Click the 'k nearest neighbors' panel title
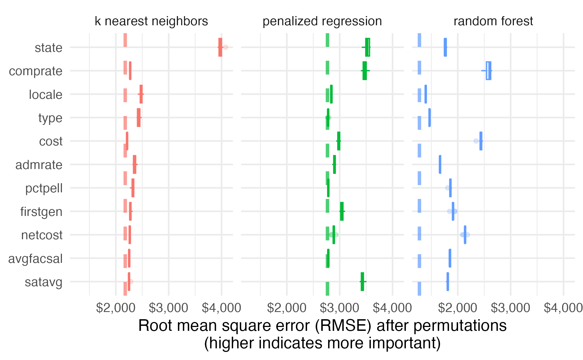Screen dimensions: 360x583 (x=151, y=21)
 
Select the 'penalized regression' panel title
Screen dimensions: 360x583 (x=322, y=21)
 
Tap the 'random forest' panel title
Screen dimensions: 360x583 (x=493, y=21)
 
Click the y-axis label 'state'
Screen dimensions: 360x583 (x=49, y=48)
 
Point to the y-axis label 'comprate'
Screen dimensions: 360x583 (x=36, y=71)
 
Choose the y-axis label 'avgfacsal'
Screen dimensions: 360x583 (x=35, y=259)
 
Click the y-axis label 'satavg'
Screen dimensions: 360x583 (x=44, y=282)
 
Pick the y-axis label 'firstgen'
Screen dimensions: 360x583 (x=41, y=212)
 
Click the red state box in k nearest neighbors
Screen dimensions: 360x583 (x=220, y=47)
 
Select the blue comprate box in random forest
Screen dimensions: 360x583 (x=489, y=71)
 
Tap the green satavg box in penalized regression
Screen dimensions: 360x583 (x=362, y=281)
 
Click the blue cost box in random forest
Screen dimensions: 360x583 (x=481, y=141)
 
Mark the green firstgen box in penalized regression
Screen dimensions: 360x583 (x=342, y=211)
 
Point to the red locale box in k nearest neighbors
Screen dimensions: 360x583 (x=141, y=94)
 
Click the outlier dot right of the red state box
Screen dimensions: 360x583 (x=225, y=47)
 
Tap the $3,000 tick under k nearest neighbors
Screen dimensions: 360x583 (x=169, y=308)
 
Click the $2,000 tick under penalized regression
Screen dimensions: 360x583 (x=287, y=308)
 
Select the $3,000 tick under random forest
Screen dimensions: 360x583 (x=511, y=308)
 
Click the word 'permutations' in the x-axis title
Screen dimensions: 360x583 (x=460, y=326)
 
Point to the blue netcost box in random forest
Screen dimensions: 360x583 (x=465, y=235)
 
